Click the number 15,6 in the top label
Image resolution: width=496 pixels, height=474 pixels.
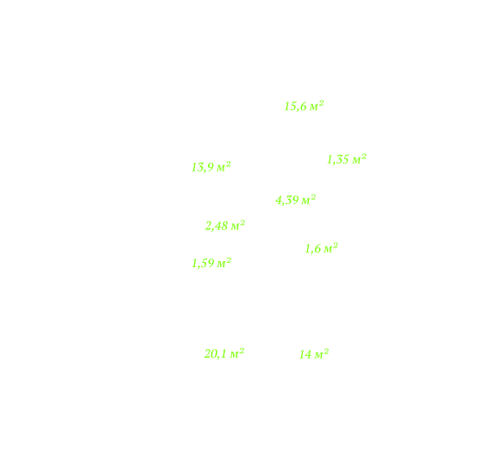(x=296, y=107)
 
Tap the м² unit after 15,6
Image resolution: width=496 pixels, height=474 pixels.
(x=317, y=105)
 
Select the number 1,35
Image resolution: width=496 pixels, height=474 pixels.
(x=338, y=159)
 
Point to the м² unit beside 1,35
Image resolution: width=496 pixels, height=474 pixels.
(x=360, y=159)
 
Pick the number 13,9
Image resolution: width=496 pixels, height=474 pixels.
(x=203, y=167)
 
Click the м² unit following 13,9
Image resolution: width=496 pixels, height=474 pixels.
(x=223, y=166)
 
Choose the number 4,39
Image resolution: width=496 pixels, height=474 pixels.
(x=287, y=200)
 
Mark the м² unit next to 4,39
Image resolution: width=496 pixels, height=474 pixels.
(x=309, y=199)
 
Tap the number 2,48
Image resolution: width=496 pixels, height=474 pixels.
(x=217, y=227)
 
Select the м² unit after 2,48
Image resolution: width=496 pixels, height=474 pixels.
(x=238, y=225)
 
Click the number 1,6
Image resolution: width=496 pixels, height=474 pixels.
(x=313, y=249)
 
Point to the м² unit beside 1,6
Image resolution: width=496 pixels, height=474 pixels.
(x=331, y=248)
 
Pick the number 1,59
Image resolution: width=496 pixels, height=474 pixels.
(x=203, y=264)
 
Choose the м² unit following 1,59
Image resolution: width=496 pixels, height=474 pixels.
(x=224, y=263)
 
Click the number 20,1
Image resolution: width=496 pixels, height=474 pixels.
(x=216, y=354)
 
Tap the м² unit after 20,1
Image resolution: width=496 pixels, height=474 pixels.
(x=237, y=353)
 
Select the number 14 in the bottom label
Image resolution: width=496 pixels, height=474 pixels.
(x=305, y=355)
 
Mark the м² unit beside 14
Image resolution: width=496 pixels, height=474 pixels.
(x=322, y=354)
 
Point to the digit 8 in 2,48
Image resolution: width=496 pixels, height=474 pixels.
(x=225, y=226)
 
